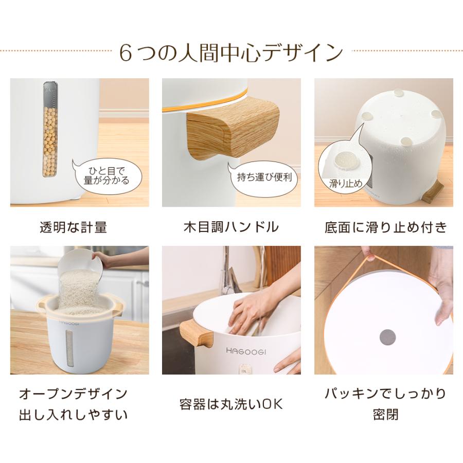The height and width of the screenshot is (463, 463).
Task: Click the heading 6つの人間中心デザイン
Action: point(231,53)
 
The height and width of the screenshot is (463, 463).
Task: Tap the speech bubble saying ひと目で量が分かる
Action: point(106,176)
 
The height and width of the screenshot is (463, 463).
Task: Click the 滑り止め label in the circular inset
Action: point(346,183)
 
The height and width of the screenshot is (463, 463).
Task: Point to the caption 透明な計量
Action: point(73,227)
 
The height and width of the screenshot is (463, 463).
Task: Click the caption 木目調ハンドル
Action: point(231,227)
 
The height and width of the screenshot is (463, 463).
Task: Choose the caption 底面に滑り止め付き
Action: point(386,227)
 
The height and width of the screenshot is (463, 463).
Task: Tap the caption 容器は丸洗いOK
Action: point(231,404)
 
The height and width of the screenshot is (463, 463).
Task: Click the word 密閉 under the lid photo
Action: point(386,415)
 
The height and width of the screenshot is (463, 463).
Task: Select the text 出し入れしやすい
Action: point(73,415)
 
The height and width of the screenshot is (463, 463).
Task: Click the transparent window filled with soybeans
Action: point(50,129)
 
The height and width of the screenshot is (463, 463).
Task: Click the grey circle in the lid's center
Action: point(387,337)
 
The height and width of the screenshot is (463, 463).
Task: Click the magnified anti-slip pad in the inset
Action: point(345,161)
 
